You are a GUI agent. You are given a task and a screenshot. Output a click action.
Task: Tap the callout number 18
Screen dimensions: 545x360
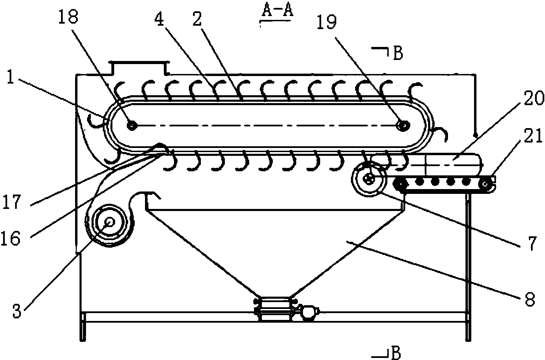(x=68, y=16)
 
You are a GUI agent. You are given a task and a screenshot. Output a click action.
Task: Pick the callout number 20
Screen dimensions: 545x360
(x=534, y=98)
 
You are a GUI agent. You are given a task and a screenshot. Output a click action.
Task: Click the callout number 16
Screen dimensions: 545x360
(x=11, y=237)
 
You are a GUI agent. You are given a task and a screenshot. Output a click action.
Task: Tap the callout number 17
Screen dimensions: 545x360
(x=11, y=201)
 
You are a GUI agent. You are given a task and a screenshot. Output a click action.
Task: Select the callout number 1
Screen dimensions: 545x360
(x=10, y=76)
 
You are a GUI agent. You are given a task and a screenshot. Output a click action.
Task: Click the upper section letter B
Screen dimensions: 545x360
(x=398, y=53)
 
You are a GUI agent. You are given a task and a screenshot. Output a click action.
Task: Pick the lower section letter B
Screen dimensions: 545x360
(x=396, y=353)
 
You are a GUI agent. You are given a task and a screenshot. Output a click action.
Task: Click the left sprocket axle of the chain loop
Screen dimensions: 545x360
(x=132, y=126)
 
